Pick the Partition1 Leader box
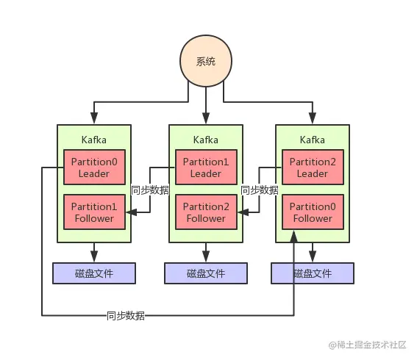pos(205,168)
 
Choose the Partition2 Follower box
pos(205,212)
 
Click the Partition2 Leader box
pos(313,168)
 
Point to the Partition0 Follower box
pos(313,212)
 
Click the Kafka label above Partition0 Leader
pos(93,140)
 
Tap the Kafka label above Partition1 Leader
pos(205,140)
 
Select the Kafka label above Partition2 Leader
pos(313,140)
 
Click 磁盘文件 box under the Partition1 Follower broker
pos(93,273)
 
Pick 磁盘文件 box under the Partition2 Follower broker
pos(205,273)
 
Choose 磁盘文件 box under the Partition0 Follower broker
pos(313,273)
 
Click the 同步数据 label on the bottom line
pos(126,316)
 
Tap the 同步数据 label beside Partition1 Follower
pos(150,190)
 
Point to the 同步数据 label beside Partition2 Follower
pos(260,190)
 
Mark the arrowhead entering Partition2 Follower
pos(240,212)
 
